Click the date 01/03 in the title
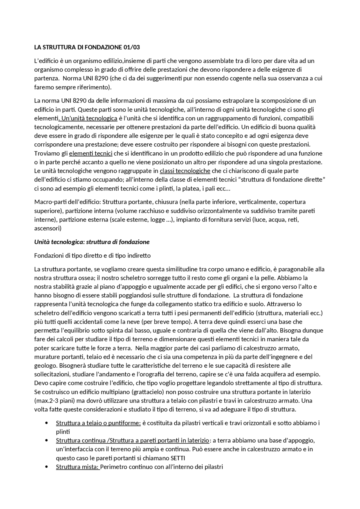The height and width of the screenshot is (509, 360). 131,47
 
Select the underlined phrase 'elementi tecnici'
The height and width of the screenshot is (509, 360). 91,153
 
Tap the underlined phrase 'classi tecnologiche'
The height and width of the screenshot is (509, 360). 185,171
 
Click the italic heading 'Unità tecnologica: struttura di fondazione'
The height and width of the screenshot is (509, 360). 92,242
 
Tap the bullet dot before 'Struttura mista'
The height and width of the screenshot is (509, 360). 46,467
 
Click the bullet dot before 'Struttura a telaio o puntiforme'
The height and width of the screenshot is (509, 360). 46,423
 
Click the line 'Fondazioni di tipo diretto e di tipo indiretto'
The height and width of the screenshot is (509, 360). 92,255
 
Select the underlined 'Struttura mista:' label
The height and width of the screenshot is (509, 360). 78,467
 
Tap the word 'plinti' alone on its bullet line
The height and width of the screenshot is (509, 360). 63,432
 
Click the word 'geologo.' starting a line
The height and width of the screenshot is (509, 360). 45,365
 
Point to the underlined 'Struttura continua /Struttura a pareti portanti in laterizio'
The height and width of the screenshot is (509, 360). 132,440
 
